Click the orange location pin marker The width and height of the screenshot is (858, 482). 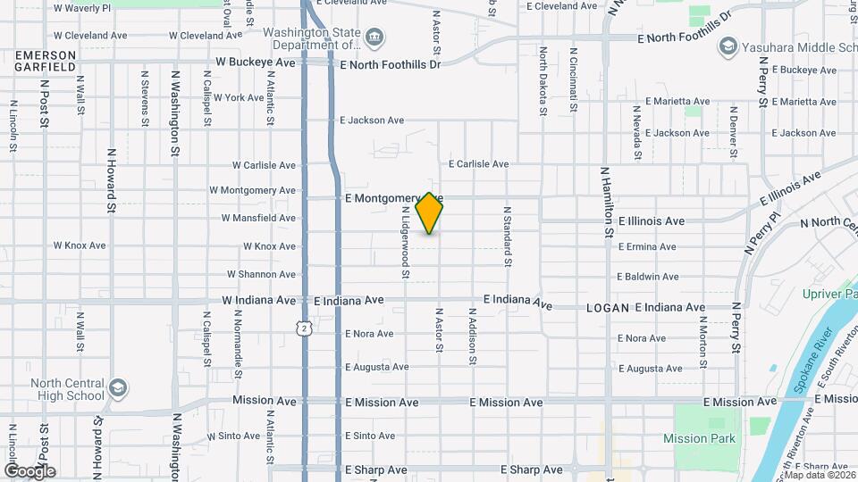pyautogui.click(x=430, y=212)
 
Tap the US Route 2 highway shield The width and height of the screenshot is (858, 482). pyautogui.click(x=306, y=329)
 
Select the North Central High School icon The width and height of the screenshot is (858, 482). pyautogui.click(x=118, y=387)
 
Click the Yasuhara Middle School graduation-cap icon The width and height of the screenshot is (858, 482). pyautogui.click(x=728, y=46)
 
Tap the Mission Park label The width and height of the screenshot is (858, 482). pyautogui.click(x=699, y=438)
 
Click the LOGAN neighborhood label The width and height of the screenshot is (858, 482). pyautogui.click(x=608, y=308)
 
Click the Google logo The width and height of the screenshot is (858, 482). pyautogui.click(x=29, y=471)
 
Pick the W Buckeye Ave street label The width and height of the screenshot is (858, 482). pyautogui.click(x=256, y=63)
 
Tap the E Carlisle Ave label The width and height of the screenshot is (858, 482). pyautogui.click(x=478, y=164)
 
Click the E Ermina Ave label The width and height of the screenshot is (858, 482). pyautogui.click(x=646, y=246)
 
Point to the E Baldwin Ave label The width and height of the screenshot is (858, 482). pyautogui.click(x=648, y=277)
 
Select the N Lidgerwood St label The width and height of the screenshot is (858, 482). pyautogui.click(x=405, y=243)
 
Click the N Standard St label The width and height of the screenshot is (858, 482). pyautogui.click(x=507, y=237)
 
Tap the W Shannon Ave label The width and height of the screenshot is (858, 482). pyautogui.click(x=261, y=275)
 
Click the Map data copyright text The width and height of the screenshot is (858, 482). pyautogui.click(x=817, y=476)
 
